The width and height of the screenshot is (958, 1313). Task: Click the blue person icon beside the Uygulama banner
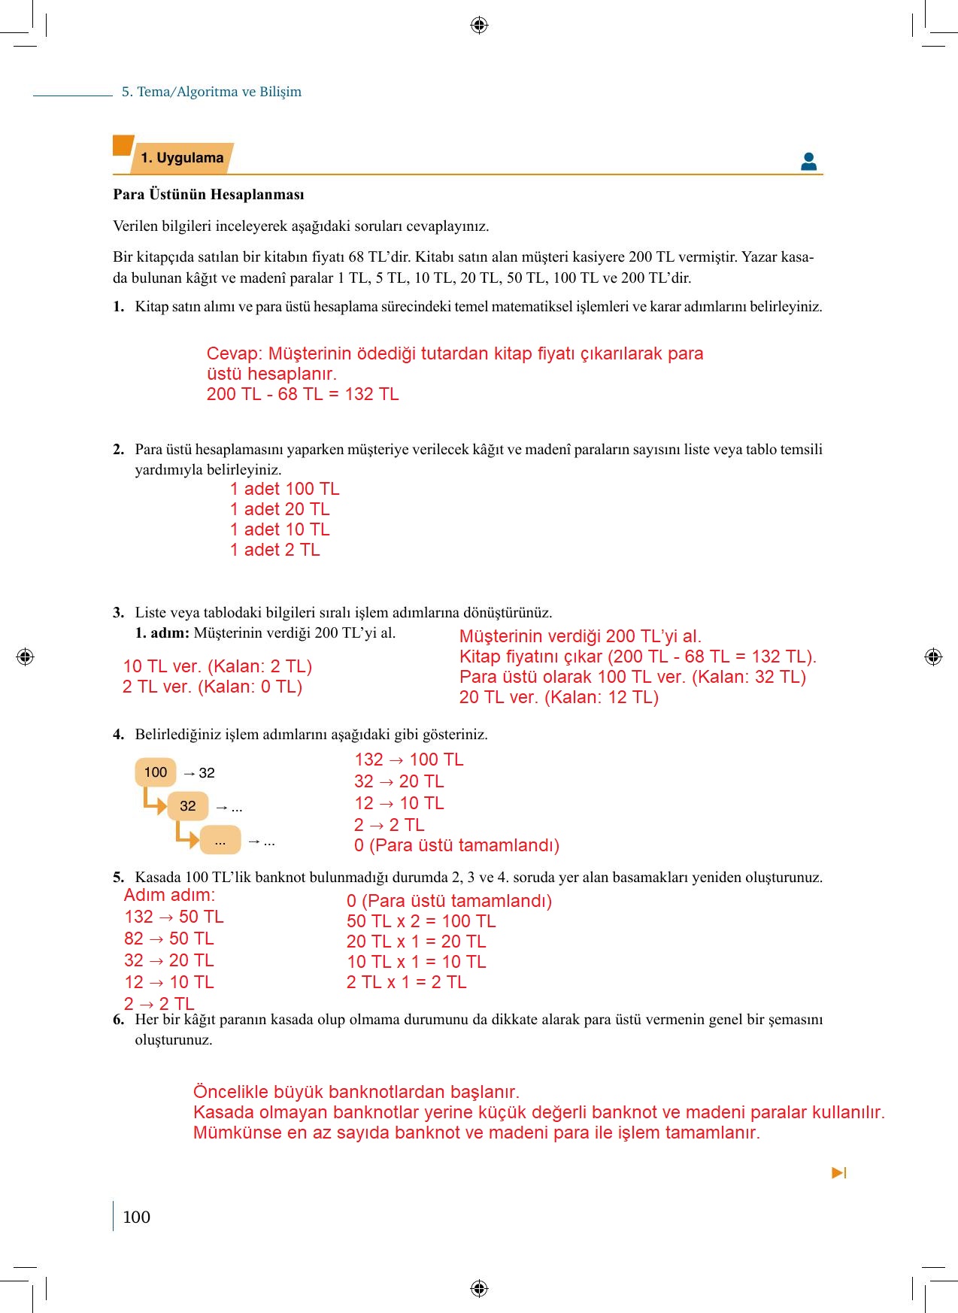point(808,161)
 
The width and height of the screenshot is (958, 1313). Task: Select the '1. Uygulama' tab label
point(182,158)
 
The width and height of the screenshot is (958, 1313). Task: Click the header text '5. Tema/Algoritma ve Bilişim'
point(211,92)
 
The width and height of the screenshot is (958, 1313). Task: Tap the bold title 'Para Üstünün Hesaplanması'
point(208,195)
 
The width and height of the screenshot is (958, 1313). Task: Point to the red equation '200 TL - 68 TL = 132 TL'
point(302,394)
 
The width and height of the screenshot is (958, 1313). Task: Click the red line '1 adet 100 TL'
point(284,489)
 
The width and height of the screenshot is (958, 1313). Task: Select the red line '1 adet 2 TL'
point(274,550)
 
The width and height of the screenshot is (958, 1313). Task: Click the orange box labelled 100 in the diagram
point(156,772)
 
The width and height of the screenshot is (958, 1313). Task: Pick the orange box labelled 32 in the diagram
point(188,806)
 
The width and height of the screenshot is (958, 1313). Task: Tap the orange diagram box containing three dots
point(220,840)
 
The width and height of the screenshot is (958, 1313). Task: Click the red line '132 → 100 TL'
point(408,760)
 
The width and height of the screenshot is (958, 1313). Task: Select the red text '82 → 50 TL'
point(168,939)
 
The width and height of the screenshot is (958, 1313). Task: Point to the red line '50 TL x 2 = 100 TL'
point(420,921)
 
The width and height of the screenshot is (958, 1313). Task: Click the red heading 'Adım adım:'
point(169,895)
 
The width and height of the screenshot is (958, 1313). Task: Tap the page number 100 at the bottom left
point(136,1217)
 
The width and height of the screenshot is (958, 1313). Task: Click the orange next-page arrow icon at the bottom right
point(838,1172)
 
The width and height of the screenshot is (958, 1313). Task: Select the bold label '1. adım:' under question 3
point(162,633)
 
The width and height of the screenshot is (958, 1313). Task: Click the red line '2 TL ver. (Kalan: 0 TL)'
point(212,687)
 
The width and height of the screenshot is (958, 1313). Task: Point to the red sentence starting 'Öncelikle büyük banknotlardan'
point(356,1092)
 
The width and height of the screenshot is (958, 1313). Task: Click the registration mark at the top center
point(479,26)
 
